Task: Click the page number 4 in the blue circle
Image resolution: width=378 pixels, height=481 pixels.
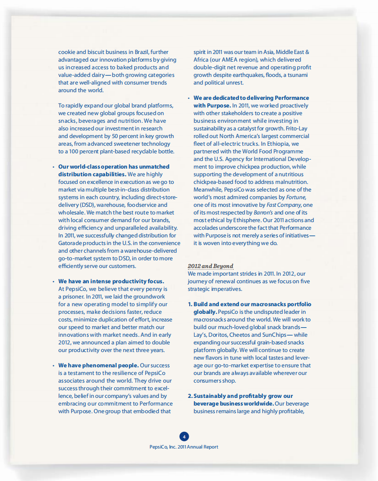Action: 184,436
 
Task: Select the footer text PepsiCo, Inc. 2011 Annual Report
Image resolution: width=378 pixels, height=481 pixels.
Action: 184,447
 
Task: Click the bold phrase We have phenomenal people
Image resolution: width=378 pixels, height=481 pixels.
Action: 98,365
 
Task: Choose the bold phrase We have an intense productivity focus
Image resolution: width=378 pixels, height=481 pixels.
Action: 111,281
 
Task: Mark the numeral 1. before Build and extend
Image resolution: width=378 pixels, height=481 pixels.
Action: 190,304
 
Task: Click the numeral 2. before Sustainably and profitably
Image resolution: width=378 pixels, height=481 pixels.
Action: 190,396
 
